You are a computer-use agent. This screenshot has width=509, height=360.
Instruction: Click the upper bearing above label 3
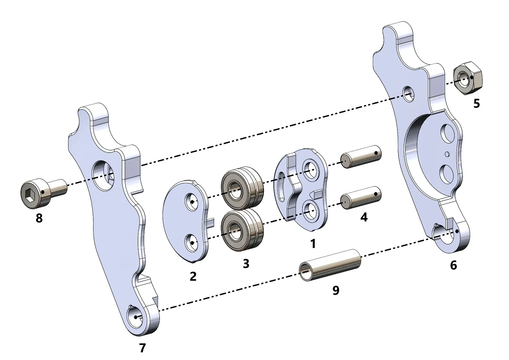242,187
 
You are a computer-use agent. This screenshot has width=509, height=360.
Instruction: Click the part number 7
143,348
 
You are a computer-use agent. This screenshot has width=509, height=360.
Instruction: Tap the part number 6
453,265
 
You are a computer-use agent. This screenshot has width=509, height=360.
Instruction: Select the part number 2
193,276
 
